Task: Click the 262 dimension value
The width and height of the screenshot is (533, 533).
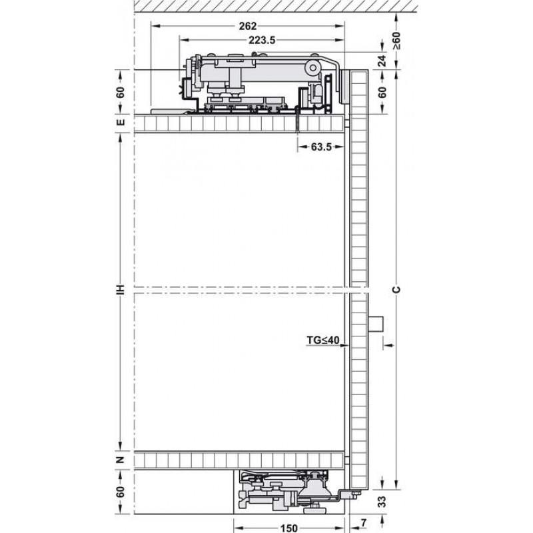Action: pos(248,26)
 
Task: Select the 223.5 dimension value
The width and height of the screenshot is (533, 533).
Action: pos(262,40)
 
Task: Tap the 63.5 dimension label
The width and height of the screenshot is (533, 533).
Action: pos(321,147)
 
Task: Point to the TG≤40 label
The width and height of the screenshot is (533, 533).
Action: pos(323,340)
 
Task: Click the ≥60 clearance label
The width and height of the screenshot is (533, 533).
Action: pos(396,41)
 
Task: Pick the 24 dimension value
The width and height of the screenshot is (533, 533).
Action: pos(382,61)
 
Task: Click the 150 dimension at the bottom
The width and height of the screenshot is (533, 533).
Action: pos(289,528)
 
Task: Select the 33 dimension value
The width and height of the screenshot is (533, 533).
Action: pos(382,502)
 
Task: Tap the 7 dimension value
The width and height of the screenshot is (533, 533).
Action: pos(364,523)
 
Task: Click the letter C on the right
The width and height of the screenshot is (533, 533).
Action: pos(396,290)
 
